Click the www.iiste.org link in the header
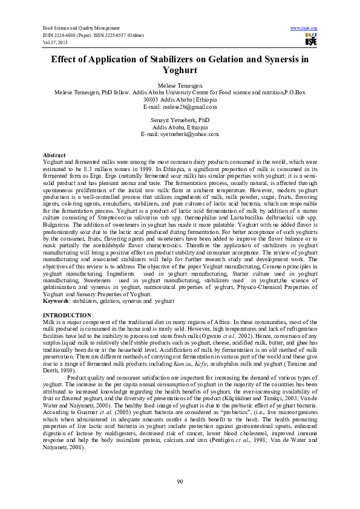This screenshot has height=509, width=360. pos(304,28)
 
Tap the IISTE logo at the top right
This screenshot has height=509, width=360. pos(311,40)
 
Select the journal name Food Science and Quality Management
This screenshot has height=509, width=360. pos(81,28)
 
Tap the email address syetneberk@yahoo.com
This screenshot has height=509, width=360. pos(189,134)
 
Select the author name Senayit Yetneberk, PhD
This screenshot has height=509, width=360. pos(180,121)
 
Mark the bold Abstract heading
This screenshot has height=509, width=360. pos(54,155)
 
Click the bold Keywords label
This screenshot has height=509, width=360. pos(56,300)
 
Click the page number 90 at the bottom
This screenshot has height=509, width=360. pos(180,481)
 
